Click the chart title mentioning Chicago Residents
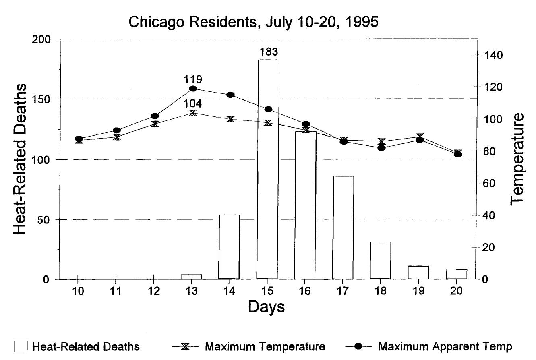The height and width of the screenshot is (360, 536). [253, 22]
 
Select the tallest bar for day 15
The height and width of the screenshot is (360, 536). [267, 169]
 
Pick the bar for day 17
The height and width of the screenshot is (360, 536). [343, 228]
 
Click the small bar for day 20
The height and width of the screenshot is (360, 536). [457, 274]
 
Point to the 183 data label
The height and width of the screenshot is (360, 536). [268, 52]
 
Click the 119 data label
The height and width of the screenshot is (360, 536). [192, 79]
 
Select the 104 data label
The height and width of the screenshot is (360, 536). [192, 103]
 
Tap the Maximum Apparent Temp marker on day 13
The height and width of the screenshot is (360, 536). [193, 89]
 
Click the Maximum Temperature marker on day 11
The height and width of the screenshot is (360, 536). [117, 137]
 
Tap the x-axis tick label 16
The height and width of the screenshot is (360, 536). [305, 291]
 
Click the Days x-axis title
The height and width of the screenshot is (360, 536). [266, 307]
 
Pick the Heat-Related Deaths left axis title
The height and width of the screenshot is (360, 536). [20, 159]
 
